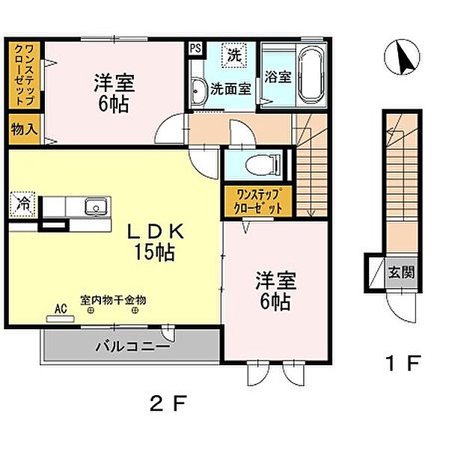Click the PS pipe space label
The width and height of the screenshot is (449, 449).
pyautogui.click(x=195, y=48)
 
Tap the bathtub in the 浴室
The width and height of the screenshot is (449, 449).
pyautogui.click(x=311, y=76)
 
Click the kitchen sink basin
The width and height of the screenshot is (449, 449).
pyautogui.click(x=97, y=207)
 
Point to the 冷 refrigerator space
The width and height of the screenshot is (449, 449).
pyautogui.click(x=22, y=204)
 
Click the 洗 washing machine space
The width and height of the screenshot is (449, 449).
pyautogui.click(x=234, y=55)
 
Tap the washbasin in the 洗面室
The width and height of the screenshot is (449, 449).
pyautogui.click(x=198, y=91)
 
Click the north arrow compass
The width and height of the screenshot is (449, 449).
pyautogui.click(x=402, y=57)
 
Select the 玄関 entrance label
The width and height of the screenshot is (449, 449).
pyautogui.click(x=401, y=272)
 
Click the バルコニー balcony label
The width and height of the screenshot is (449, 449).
pyautogui.click(x=132, y=347)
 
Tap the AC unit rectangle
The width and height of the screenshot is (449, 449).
pyautogui.click(x=60, y=319)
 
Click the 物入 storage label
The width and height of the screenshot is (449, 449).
pyautogui.click(x=25, y=129)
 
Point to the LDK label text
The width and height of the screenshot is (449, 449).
pyautogui.click(x=155, y=232)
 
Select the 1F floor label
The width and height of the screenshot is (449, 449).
pyautogui.click(x=403, y=363)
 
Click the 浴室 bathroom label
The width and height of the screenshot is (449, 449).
pyautogui.click(x=278, y=76)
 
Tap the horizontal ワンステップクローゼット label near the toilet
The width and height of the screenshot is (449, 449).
pyautogui.click(x=257, y=201)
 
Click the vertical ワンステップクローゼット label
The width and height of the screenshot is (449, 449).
pyautogui.click(x=24, y=74)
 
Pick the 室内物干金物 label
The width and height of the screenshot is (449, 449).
pyautogui.click(x=113, y=300)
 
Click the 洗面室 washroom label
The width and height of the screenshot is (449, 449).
pyautogui.click(x=230, y=89)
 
